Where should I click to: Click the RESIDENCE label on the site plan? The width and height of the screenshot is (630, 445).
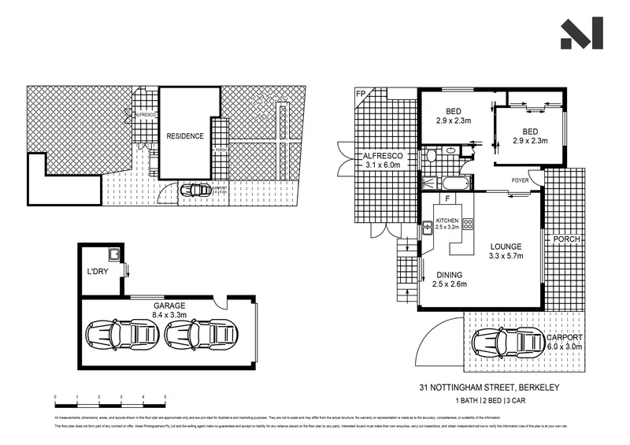(185, 135)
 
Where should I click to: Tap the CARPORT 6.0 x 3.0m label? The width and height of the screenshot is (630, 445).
(565, 342)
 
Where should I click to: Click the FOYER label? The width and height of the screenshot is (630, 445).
(520, 180)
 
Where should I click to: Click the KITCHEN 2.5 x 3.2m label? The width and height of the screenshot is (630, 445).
(447, 223)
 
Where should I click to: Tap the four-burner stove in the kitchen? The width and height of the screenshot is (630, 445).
(467, 224)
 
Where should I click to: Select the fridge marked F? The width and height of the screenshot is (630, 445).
(447, 200)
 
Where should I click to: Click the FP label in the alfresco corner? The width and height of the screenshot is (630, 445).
(361, 95)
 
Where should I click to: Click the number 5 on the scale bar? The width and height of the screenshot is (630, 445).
(165, 396)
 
